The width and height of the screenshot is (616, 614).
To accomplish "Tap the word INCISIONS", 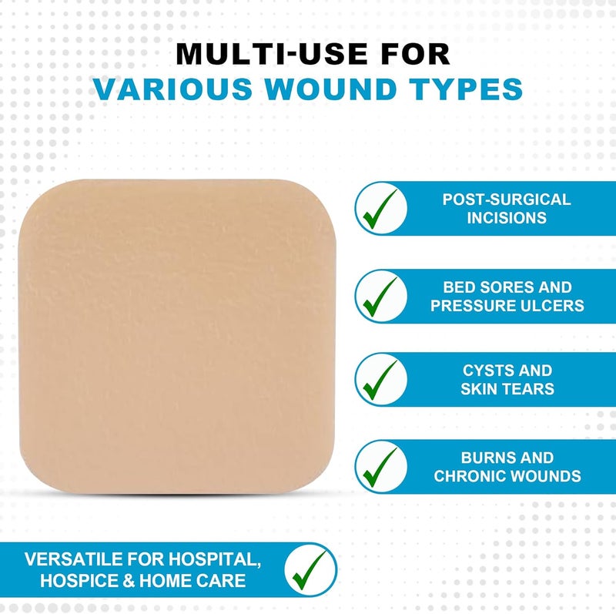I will [x=507, y=217].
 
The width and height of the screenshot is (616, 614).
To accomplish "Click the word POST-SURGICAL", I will [x=507, y=200].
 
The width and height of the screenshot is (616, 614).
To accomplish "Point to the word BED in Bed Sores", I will [x=459, y=287].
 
